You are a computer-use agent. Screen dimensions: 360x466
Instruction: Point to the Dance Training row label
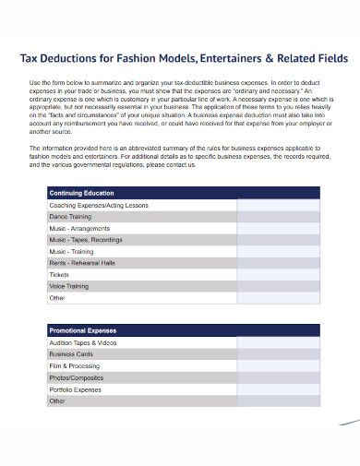(70, 216)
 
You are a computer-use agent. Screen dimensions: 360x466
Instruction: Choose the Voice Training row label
(69, 286)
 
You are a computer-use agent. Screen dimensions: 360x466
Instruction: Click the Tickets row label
(59, 275)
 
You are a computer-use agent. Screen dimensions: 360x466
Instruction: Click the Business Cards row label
(71, 353)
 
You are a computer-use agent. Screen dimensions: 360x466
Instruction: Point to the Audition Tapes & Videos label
(83, 341)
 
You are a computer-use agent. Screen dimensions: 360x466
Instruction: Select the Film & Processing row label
(74, 365)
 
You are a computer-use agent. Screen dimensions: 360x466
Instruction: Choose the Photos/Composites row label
(77, 377)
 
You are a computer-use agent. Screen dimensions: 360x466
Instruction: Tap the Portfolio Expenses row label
(76, 389)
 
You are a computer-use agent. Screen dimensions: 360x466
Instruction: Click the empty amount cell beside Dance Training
(278, 216)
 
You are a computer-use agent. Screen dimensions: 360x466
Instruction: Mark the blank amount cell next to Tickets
(278, 275)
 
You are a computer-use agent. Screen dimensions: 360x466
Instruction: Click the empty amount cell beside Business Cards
(278, 353)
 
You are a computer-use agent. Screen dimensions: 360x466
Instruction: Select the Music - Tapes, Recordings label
(86, 240)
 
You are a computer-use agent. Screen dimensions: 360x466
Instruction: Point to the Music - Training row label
(71, 251)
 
